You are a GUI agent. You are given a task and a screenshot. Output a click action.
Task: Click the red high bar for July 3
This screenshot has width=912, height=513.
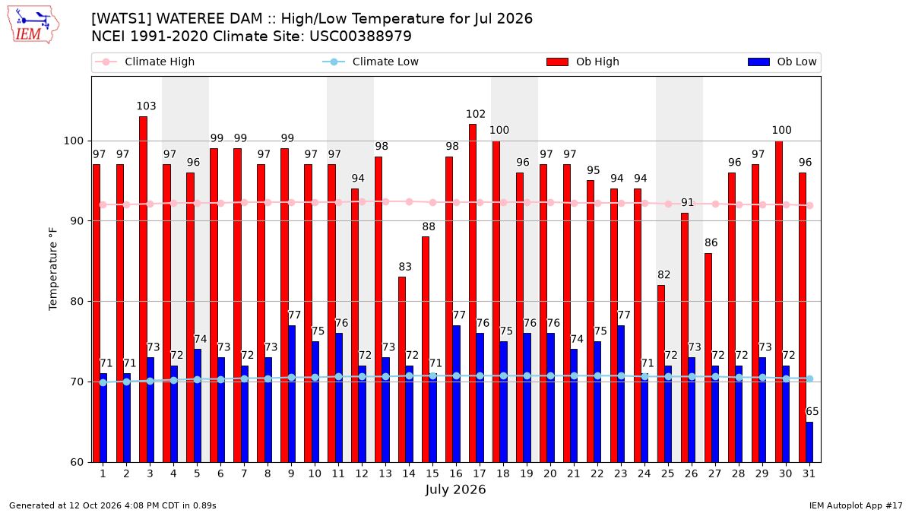(x=144, y=290)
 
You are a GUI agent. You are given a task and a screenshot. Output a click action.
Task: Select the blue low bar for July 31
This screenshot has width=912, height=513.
(x=809, y=442)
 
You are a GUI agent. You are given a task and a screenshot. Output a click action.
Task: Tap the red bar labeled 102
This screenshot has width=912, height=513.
(x=473, y=293)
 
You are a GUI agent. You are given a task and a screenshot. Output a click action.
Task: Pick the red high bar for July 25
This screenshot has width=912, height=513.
(x=661, y=374)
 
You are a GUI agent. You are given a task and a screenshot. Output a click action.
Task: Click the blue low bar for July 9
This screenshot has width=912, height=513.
(x=292, y=394)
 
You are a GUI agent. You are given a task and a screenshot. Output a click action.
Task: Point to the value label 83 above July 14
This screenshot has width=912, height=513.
(x=405, y=267)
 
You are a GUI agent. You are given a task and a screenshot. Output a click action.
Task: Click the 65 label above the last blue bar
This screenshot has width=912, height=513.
(x=812, y=412)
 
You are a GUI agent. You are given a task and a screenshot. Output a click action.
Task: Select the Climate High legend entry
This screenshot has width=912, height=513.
(x=144, y=62)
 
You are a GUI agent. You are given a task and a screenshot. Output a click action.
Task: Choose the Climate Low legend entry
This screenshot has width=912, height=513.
(x=371, y=62)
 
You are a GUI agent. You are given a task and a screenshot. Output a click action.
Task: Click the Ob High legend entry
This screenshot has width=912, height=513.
(x=583, y=62)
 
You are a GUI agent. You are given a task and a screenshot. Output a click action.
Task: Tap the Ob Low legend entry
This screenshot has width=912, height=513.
(x=782, y=62)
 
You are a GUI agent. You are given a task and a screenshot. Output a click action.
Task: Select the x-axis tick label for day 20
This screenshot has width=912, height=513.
(x=550, y=473)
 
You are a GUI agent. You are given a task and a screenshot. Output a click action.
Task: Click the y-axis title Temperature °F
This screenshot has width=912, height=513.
(x=53, y=269)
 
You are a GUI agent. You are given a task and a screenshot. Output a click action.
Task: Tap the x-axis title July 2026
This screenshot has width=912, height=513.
(x=455, y=489)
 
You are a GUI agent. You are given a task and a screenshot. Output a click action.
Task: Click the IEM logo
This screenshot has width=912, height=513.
(x=33, y=25)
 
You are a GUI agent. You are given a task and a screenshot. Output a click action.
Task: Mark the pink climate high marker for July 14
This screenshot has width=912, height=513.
(x=409, y=202)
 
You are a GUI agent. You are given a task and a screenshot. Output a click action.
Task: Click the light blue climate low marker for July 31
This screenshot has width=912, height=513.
(x=810, y=378)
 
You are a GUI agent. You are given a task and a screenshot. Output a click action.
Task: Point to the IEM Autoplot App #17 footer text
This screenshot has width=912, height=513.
(x=856, y=505)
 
